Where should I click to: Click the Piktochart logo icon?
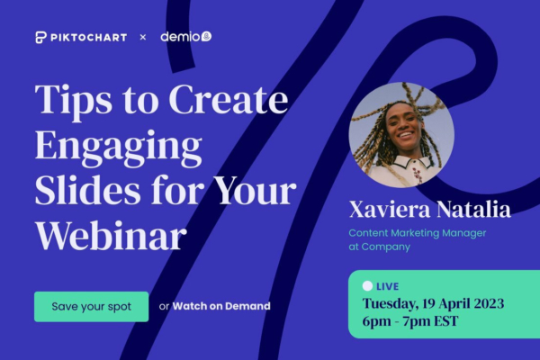(x=40, y=37)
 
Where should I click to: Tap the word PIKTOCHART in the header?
(x=89, y=37)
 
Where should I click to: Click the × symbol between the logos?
(x=143, y=37)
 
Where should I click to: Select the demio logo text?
(x=182, y=37)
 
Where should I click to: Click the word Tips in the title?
(x=73, y=100)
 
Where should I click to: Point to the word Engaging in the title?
(x=118, y=148)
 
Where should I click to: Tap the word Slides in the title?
(x=87, y=191)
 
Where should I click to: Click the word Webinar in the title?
(x=112, y=236)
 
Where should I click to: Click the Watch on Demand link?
(x=221, y=306)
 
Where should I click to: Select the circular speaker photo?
(x=401, y=135)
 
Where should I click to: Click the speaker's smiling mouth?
(x=405, y=135)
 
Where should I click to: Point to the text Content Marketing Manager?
(x=418, y=233)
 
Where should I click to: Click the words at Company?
(x=380, y=247)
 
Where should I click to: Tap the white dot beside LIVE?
(x=367, y=286)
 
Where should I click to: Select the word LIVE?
(x=387, y=286)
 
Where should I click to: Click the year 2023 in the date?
(x=489, y=303)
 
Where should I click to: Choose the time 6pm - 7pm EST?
(x=410, y=321)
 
